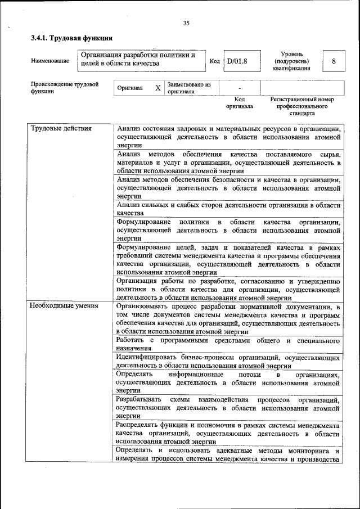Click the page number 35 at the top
186,23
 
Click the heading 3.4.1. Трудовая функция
72,39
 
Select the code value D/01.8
237,60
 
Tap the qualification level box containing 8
334,60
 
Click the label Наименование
50,60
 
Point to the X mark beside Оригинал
158,88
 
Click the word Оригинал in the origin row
130,88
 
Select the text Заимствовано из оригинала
188,88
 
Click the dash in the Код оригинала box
240,88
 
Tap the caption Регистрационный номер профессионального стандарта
301,106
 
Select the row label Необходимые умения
64,306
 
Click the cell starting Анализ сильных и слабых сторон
228,209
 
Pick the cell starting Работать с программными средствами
228,345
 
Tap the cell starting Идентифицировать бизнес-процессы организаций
228,361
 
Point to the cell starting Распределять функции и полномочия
228,434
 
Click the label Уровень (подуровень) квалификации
291,60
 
